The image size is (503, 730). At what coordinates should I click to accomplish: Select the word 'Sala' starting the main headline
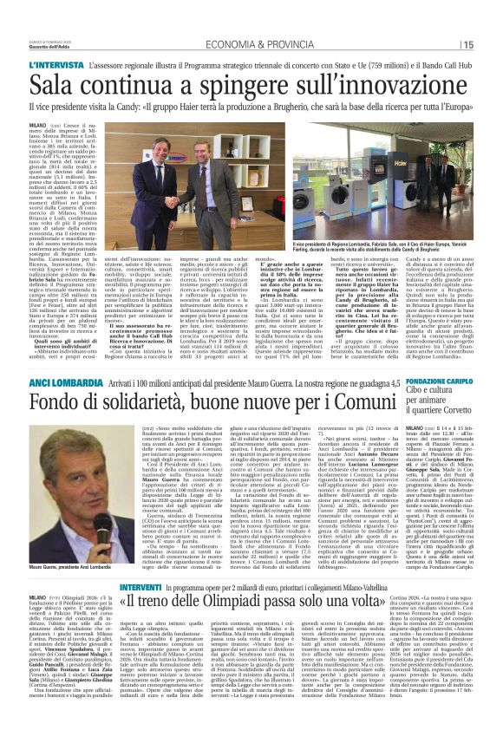[55, 85]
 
